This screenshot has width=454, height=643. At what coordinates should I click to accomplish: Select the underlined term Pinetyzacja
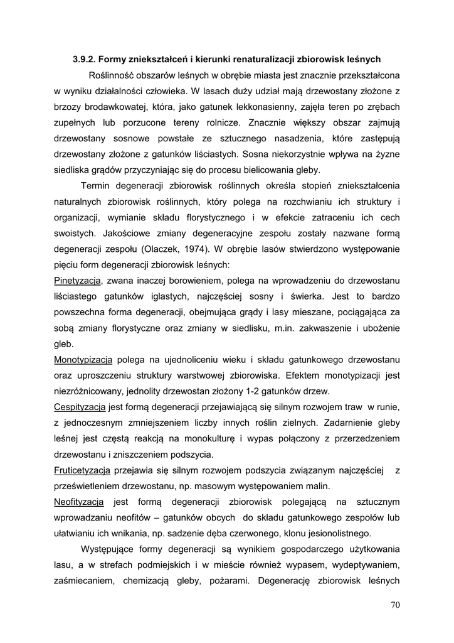pyautogui.click(x=78, y=279)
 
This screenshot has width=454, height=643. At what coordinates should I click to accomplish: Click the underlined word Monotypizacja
pyautogui.click(x=83, y=360)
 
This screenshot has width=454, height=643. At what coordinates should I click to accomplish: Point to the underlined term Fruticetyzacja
pyautogui.click(x=83, y=470)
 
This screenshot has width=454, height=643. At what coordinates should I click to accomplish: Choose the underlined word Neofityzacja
pyautogui.click(x=79, y=502)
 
